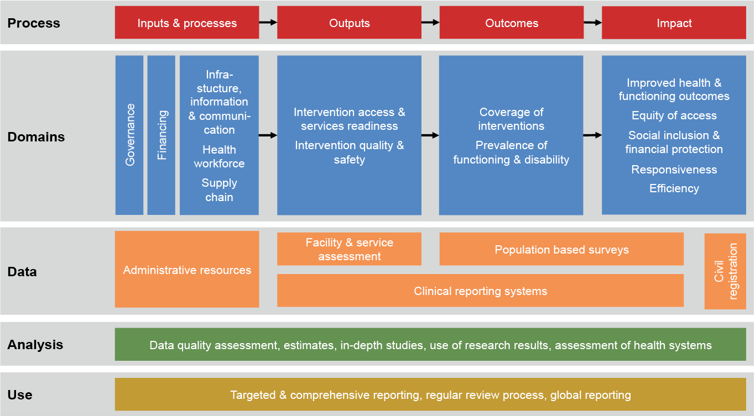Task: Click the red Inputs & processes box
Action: tap(187, 23)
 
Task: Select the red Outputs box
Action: tap(349, 23)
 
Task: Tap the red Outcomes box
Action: tap(512, 23)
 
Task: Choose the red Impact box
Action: tap(674, 23)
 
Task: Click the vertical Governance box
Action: tap(129, 135)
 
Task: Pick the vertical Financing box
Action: tap(162, 135)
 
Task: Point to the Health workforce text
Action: tap(219, 156)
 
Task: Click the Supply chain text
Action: tap(219, 190)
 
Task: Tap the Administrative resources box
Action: tap(187, 270)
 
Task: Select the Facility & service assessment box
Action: tap(349, 249)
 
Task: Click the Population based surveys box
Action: tap(561, 249)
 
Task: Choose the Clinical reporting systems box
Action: tap(480, 291)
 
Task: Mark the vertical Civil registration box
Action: tap(725, 271)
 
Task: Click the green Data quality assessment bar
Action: tap(430, 345)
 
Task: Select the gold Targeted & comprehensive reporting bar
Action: tap(430, 395)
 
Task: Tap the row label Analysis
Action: tap(35, 345)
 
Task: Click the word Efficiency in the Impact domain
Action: tap(674, 188)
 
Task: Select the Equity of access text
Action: tap(674, 115)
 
